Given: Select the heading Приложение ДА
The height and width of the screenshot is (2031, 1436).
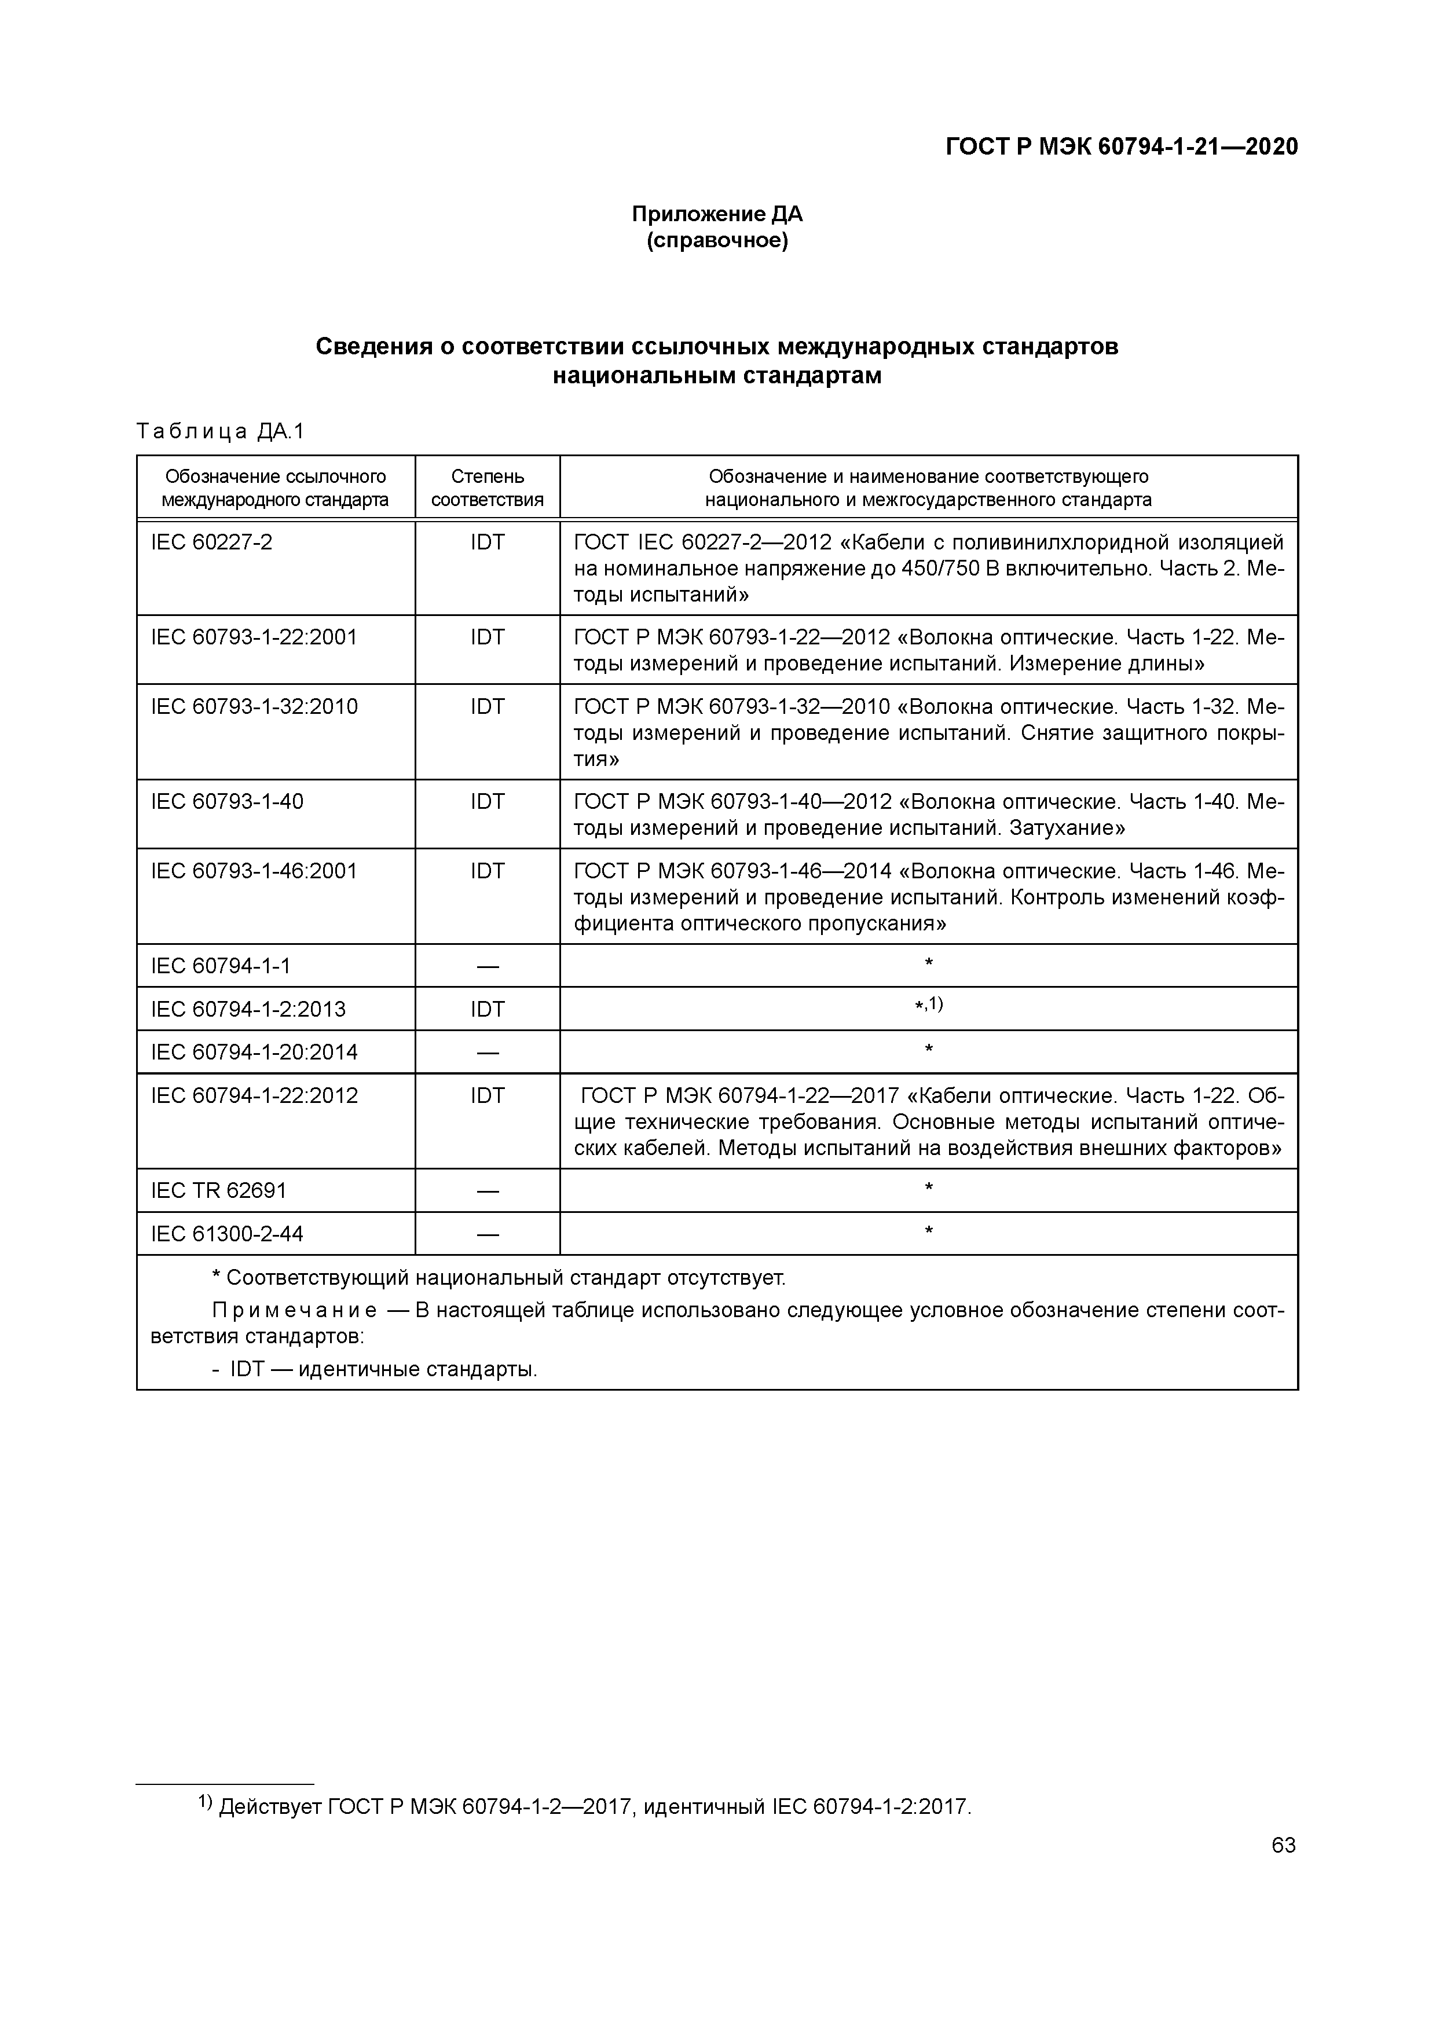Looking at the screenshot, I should pos(717,214).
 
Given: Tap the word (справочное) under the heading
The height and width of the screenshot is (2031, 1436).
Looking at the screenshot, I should pos(717,241).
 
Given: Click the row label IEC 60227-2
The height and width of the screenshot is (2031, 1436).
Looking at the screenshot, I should pos(213,542).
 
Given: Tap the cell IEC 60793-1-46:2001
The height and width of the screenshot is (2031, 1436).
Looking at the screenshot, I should pos(254,871).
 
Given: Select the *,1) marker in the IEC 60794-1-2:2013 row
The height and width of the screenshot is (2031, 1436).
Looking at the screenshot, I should pos(928,1005).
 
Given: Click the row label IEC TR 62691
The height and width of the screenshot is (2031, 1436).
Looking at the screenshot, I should pos(219,1191).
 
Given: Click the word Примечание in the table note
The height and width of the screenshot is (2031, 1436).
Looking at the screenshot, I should pos(295,1310).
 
